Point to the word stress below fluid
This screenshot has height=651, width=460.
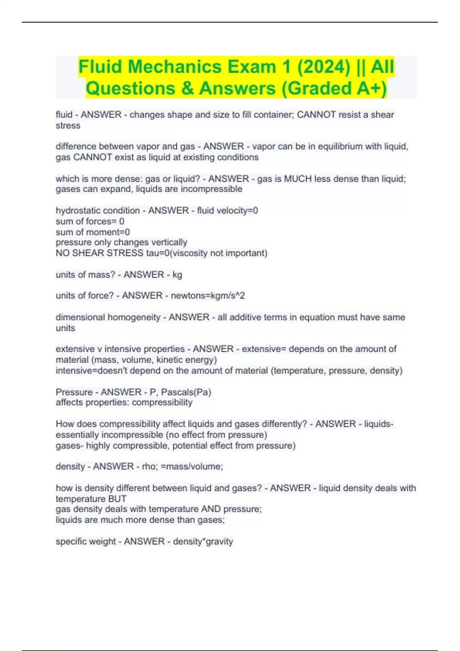click(x=68, y=126)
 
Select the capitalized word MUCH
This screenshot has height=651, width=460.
click(x=297, y=178)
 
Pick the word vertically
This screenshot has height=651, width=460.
click(x=169, y=242)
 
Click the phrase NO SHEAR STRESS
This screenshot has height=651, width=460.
click(x=100, y=253)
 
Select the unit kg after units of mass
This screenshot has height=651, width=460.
click(x=177, y=275)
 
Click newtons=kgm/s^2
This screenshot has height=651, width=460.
click(x=208, y=296)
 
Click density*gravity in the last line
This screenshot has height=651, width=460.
click(x=203, y=541)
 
